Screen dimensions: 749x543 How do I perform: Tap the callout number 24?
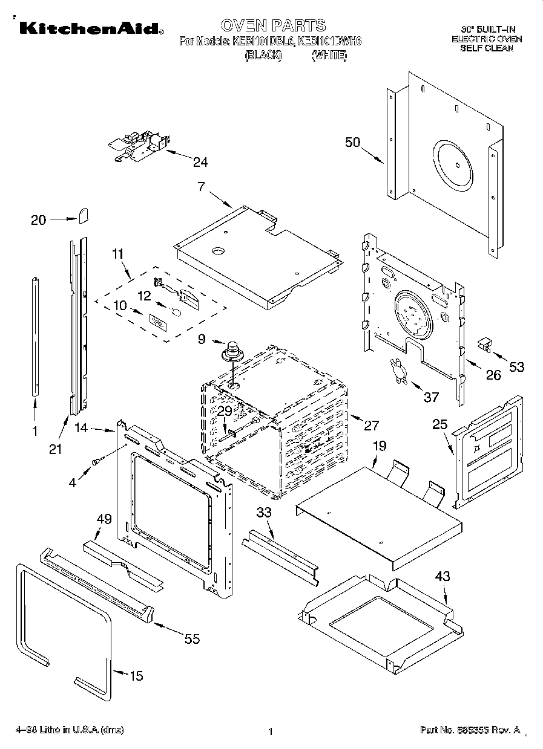pyautogui.click(x=200, y=161)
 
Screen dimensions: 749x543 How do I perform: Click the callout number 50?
pyautogui.click(x=352, y=143)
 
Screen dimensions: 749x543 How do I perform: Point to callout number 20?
pyautogui.click(x=38, y=220)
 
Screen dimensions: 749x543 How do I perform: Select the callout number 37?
pyautogui.click(x=430, y=397)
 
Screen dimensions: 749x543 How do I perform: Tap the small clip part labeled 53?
pyautogui.click(x=485, y=345)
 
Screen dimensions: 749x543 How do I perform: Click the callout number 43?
pyautogui.click(x=443, y=576)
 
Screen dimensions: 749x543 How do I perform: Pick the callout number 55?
pyautogui.click(x=192, y=639)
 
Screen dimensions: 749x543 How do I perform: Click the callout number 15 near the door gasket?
pyautogui.click(x=137, y=676)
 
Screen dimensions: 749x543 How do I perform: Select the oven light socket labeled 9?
pyautogui.click(x=232, y=351)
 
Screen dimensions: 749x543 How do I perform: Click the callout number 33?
pyautogui.click(x=264, y=512)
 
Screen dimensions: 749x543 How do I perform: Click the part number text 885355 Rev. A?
pyautogui.click(x=470, y=730)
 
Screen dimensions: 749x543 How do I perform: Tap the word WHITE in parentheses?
pyautogui.click(x=329, y=55)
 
